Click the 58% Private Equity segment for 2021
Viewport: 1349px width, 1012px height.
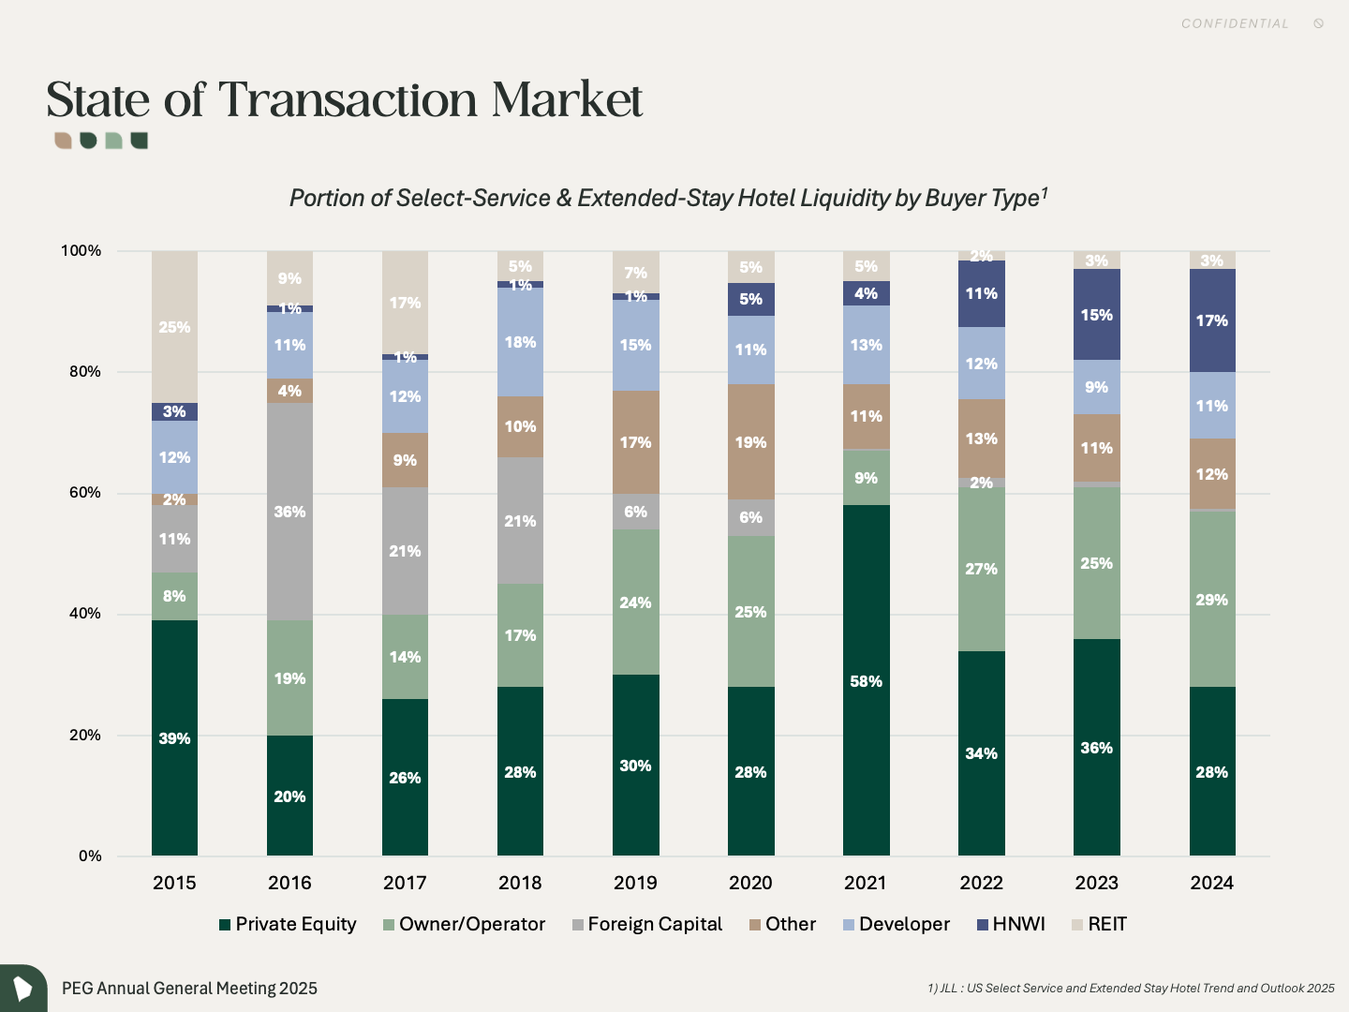pos(866,680)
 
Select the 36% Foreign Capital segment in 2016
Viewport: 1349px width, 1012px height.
pos(289,512)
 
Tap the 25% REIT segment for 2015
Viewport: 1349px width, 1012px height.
pos(174,327)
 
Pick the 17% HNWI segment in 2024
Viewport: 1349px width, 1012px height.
pos(1211,320)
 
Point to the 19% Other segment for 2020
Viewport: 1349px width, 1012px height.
pos(750,441)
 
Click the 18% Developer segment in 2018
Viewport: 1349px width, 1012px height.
pos(520,342)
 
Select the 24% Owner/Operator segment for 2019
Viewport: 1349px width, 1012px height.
pos(635,602)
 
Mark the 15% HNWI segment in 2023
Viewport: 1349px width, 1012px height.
pos(1096,315)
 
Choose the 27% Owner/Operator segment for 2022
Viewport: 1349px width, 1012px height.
pos(981,569)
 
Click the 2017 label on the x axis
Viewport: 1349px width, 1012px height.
pos(405,883)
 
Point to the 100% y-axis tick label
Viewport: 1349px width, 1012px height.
pos(82,251)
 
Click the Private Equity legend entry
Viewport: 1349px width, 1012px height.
pos(288,925)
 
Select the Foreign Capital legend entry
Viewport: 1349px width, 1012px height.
pos(647,925)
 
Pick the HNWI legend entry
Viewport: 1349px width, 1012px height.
pos(1011,925)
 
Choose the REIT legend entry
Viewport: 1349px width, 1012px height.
pos(1100,925)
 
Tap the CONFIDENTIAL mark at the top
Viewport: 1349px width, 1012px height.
pos(1235,23)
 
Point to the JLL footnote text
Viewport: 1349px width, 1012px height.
pos(1131,988)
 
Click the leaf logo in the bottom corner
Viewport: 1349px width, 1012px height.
pos(22,988)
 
